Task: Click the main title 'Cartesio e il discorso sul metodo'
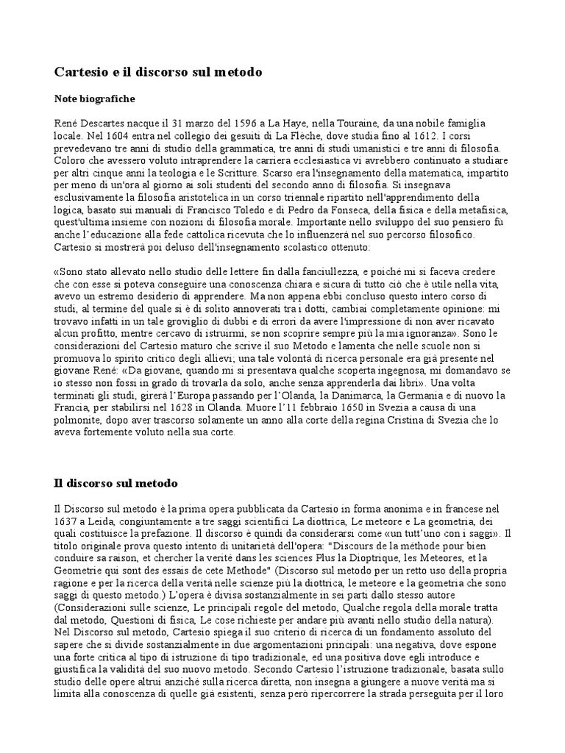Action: click(158, 73)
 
